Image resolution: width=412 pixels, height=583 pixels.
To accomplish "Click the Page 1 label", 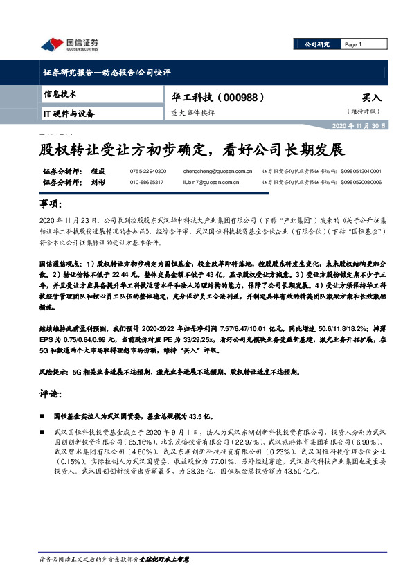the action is (354, 44).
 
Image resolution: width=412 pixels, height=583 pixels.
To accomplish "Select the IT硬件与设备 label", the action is (69, 113).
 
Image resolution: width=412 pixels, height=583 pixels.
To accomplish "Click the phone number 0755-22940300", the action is (147, 170).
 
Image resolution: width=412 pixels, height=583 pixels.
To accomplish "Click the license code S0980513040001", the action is (361, 170).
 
